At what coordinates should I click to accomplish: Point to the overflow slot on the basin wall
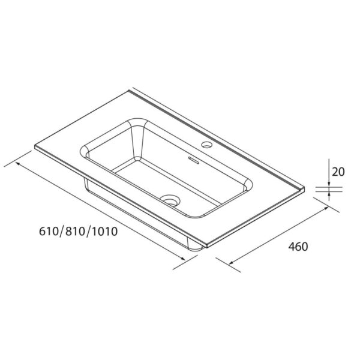click(x=193, y=159)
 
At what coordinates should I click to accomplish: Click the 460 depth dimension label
click(x=298, y=247)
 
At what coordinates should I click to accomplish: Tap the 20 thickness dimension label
click(x=338, y=172)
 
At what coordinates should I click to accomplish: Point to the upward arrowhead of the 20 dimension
click(x=329, y=194)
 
